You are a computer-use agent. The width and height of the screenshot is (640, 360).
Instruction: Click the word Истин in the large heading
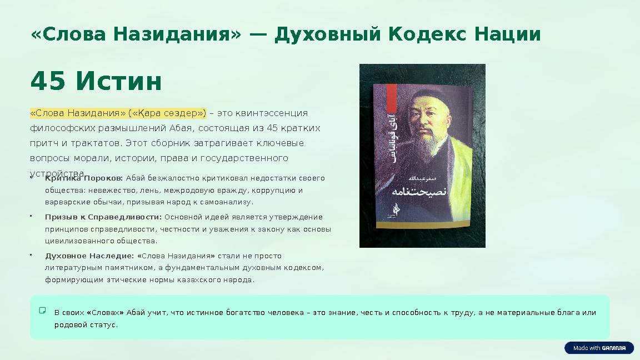[x=119, y=82]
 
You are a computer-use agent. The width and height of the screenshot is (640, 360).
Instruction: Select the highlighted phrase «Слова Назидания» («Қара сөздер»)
[x=118, y=113]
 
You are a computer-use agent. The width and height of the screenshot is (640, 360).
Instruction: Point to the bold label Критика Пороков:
[x=84, y=178]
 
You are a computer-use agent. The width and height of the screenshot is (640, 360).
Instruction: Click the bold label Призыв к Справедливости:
[x=103, y=217]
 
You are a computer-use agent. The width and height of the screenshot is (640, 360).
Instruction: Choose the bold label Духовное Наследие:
[x=89, y=256]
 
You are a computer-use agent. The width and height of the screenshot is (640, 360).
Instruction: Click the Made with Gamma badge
[x=599, y=348]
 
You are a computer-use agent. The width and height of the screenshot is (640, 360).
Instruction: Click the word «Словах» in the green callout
[x=105, y=313]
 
